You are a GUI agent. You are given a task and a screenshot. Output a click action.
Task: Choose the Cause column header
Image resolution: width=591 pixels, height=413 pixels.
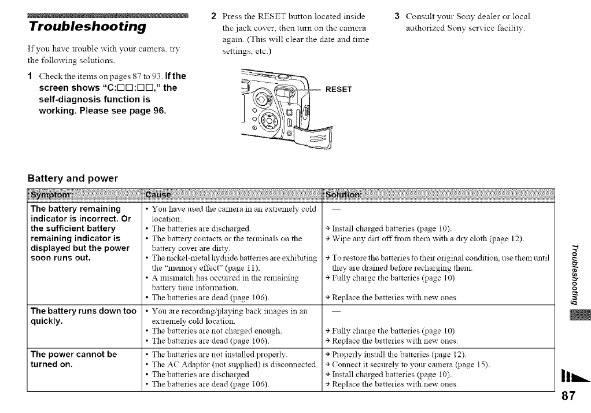[x=159, y=195]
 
